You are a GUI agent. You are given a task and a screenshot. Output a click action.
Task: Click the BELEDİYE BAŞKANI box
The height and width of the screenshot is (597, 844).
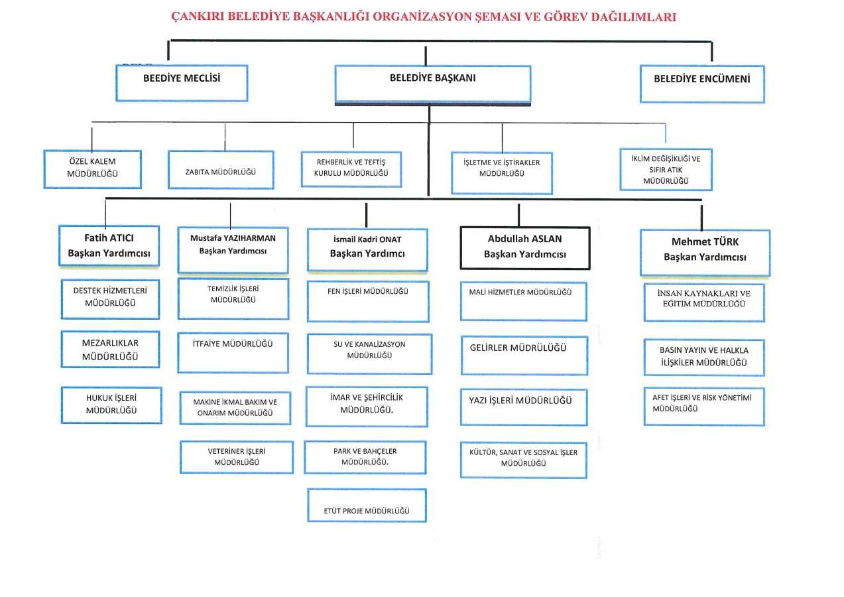(433, 85)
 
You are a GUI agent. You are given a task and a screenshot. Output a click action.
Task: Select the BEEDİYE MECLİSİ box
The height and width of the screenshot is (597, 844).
(182, 84)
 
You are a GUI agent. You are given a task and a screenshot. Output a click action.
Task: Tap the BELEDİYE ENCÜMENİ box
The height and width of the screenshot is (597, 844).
(702, 84)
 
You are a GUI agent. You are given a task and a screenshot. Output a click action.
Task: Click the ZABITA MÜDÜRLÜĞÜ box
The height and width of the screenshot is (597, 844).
(221, 170)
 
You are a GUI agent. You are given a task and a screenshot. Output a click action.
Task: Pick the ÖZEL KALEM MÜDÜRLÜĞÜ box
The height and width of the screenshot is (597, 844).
(93, 169)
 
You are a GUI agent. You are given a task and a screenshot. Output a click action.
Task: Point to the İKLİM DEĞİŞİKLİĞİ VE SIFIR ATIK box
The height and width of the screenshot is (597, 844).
(666, 170)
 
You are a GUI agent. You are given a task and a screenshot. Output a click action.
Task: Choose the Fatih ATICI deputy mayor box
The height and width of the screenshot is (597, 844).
(109, 245)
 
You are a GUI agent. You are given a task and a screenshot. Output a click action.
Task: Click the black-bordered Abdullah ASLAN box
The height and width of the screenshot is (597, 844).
(525, 248)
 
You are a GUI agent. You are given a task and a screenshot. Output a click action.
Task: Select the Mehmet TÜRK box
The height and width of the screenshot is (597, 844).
(705, 253)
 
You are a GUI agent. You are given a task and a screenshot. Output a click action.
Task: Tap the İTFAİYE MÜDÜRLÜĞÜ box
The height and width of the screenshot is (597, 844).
(233, 353)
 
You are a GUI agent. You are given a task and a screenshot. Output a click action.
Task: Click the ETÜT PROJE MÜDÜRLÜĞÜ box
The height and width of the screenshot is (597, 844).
(367, 505)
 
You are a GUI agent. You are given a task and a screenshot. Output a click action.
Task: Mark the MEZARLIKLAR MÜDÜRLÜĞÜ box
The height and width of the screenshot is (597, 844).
(111, 350)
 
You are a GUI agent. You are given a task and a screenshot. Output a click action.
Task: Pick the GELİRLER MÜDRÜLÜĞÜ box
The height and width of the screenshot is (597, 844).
(524, 356)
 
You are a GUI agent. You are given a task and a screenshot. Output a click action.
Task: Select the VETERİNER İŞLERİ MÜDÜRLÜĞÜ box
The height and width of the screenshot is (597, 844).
(237, 457)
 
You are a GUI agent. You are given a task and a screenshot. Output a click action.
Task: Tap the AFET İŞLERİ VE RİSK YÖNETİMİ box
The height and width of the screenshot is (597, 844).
(704, 406)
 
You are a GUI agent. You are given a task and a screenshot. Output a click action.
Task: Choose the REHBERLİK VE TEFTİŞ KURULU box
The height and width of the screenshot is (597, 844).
(351, 169)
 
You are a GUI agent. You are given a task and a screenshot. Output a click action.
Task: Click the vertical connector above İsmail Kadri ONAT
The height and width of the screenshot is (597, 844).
(366, 215)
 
